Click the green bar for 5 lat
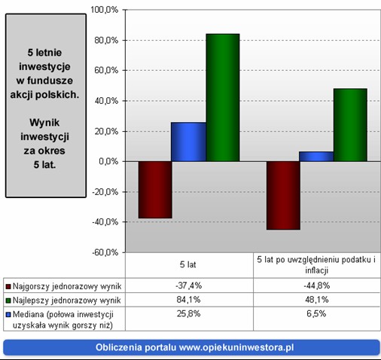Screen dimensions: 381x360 point(223,97)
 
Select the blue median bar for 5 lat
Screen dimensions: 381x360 point(188,142)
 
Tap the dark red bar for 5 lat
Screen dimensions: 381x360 point(155,190)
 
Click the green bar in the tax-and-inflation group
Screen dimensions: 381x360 point(350,125)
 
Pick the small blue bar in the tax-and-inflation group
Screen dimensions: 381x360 point(316,157)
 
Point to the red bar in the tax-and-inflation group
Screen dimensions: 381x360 point(283,195)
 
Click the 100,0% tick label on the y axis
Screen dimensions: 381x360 point(104,10)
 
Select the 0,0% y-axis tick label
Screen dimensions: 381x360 point(108,161)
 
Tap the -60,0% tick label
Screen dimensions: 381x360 point(105,252)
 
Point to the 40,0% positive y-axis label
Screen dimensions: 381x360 point(106,101)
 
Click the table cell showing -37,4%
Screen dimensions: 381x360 point(189,285)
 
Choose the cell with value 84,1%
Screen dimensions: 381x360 point(189,300)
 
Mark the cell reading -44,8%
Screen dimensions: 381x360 point(317,285)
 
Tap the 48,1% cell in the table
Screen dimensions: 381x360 point(317,300)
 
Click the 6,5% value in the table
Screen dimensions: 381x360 point(316,313)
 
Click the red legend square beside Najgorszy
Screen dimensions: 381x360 point(8,286)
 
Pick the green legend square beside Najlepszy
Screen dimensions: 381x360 point(8,301)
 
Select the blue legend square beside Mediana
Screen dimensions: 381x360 point(8,315)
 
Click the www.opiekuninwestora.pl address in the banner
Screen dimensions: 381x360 point(236,347)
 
